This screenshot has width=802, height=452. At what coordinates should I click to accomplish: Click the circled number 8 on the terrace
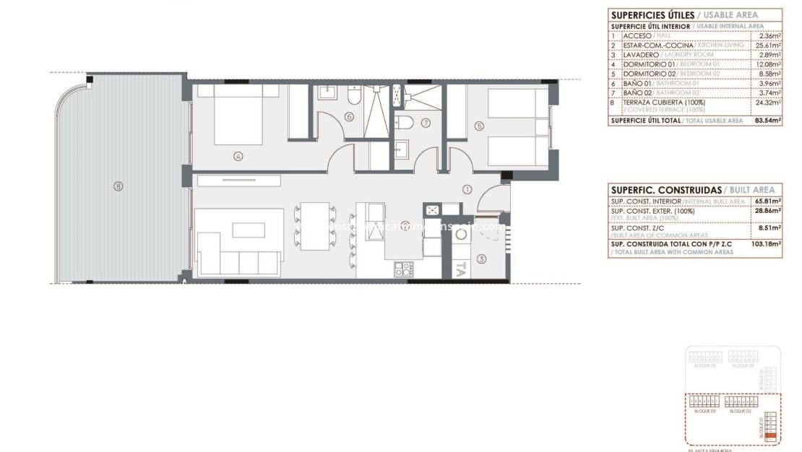[118, 186]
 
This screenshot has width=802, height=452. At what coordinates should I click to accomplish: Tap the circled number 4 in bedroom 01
[238, 155]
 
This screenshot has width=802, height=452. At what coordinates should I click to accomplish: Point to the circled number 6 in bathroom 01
[349, 116]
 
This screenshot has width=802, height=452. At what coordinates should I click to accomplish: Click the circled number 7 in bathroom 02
[426, 123]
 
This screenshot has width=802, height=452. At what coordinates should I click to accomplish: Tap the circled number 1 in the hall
[467, 190]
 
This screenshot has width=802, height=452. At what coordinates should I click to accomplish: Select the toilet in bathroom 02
[403, 122]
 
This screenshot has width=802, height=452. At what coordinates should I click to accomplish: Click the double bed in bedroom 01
[238, 116]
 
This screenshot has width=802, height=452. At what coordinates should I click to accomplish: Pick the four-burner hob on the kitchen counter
[404, 270]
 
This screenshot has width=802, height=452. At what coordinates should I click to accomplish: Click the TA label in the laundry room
[460, 269]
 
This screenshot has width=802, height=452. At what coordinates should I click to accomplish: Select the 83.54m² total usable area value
[768, 121]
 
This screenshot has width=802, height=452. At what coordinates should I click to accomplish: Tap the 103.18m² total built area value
[768, 244]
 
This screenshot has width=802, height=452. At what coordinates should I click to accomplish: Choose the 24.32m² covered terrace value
[769, 102]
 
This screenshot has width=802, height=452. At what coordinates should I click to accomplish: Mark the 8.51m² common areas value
[769, 227]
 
